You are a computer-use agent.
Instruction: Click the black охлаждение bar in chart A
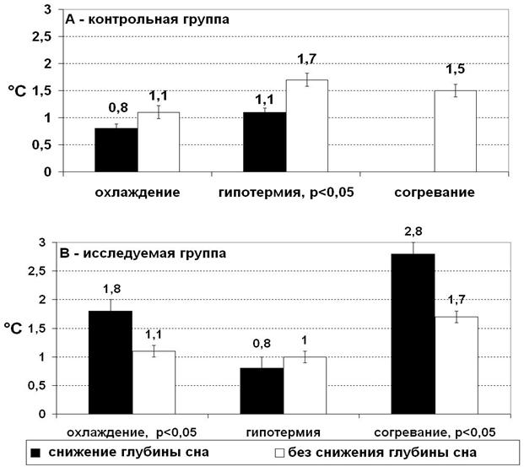click(116, 150)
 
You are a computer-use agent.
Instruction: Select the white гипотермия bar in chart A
click(307, 126)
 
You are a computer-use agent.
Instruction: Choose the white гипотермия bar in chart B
click(305, 385)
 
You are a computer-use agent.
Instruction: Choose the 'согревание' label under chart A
click(434, 193)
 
